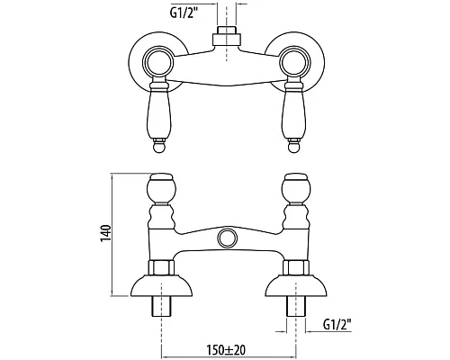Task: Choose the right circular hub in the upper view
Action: click(x=293, y=63)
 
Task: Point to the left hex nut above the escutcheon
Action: click(x=165, y=266)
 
